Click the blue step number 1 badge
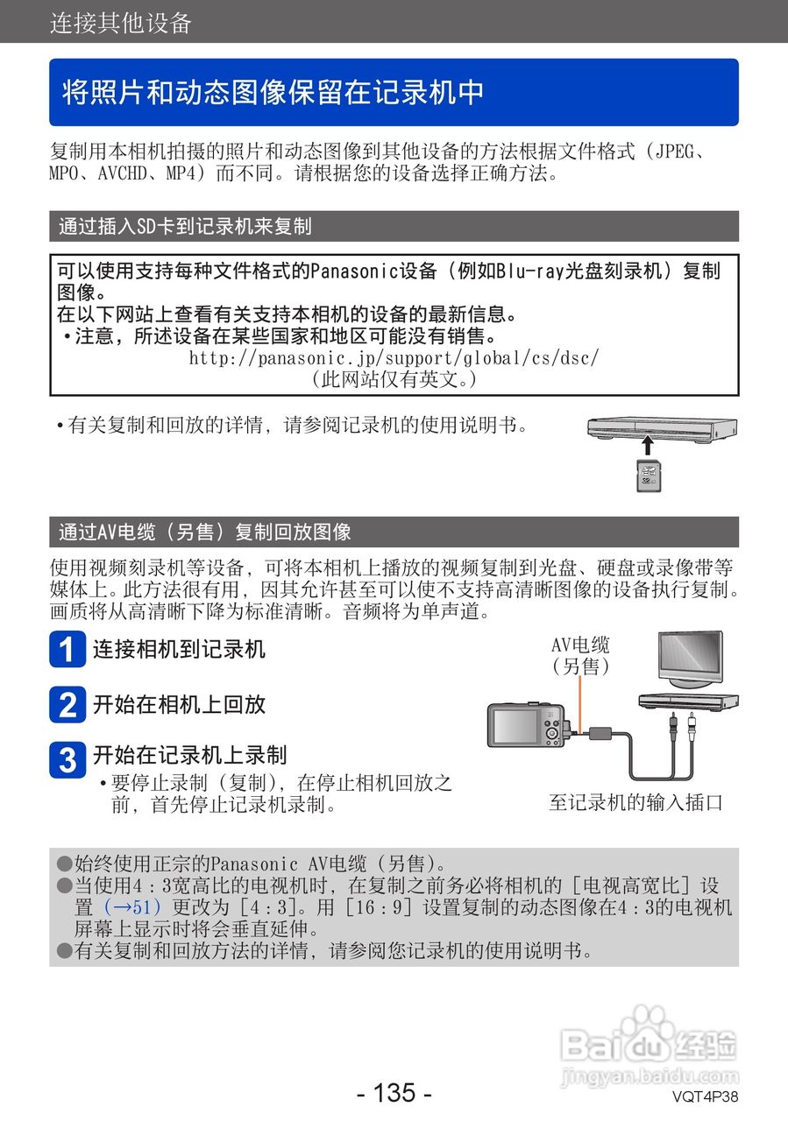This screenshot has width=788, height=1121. click(x=67, y=650)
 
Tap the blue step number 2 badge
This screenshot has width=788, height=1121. click(x=67, y=704)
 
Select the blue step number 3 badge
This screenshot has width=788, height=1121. click(x=67, y=758)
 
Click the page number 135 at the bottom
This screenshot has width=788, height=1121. click(x=394, y=1093)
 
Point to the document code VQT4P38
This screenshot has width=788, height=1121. click(x=706, y=1096)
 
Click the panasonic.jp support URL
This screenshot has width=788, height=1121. click(x=394, y=358)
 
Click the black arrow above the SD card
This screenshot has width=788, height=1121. click(x=647, y=442)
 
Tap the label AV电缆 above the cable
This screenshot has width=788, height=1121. click(x=580, y=645)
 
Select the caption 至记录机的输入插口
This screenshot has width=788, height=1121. click(x=635, y=802)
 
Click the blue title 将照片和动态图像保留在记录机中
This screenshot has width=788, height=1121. click(x=273, y=93)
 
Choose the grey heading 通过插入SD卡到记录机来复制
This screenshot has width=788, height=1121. click(x=185, y=226)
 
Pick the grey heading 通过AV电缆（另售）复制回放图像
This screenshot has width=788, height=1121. click(x=205, y=532)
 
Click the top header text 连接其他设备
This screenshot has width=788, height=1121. click(x=121, y=23)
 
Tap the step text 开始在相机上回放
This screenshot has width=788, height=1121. click(x=179, y=704)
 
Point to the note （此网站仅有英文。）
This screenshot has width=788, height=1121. click(x=394, y=379)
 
